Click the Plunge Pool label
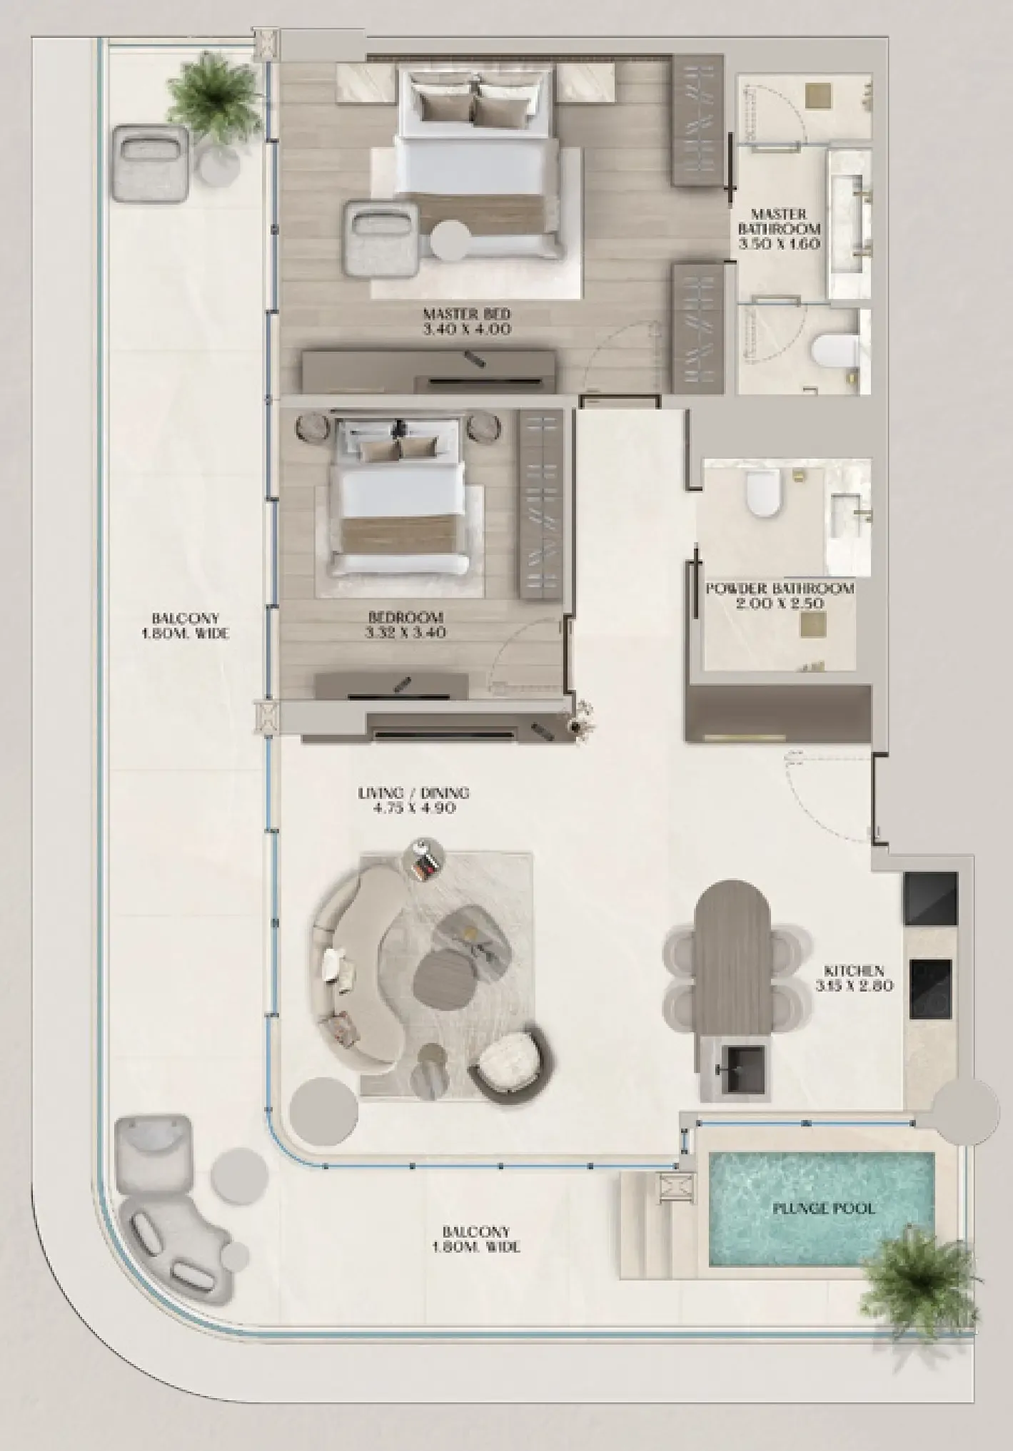pos(823,1208)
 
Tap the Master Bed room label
pos(467,313)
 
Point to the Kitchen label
pos(854,971)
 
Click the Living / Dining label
pos(414,793)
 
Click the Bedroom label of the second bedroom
pos(405,617)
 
